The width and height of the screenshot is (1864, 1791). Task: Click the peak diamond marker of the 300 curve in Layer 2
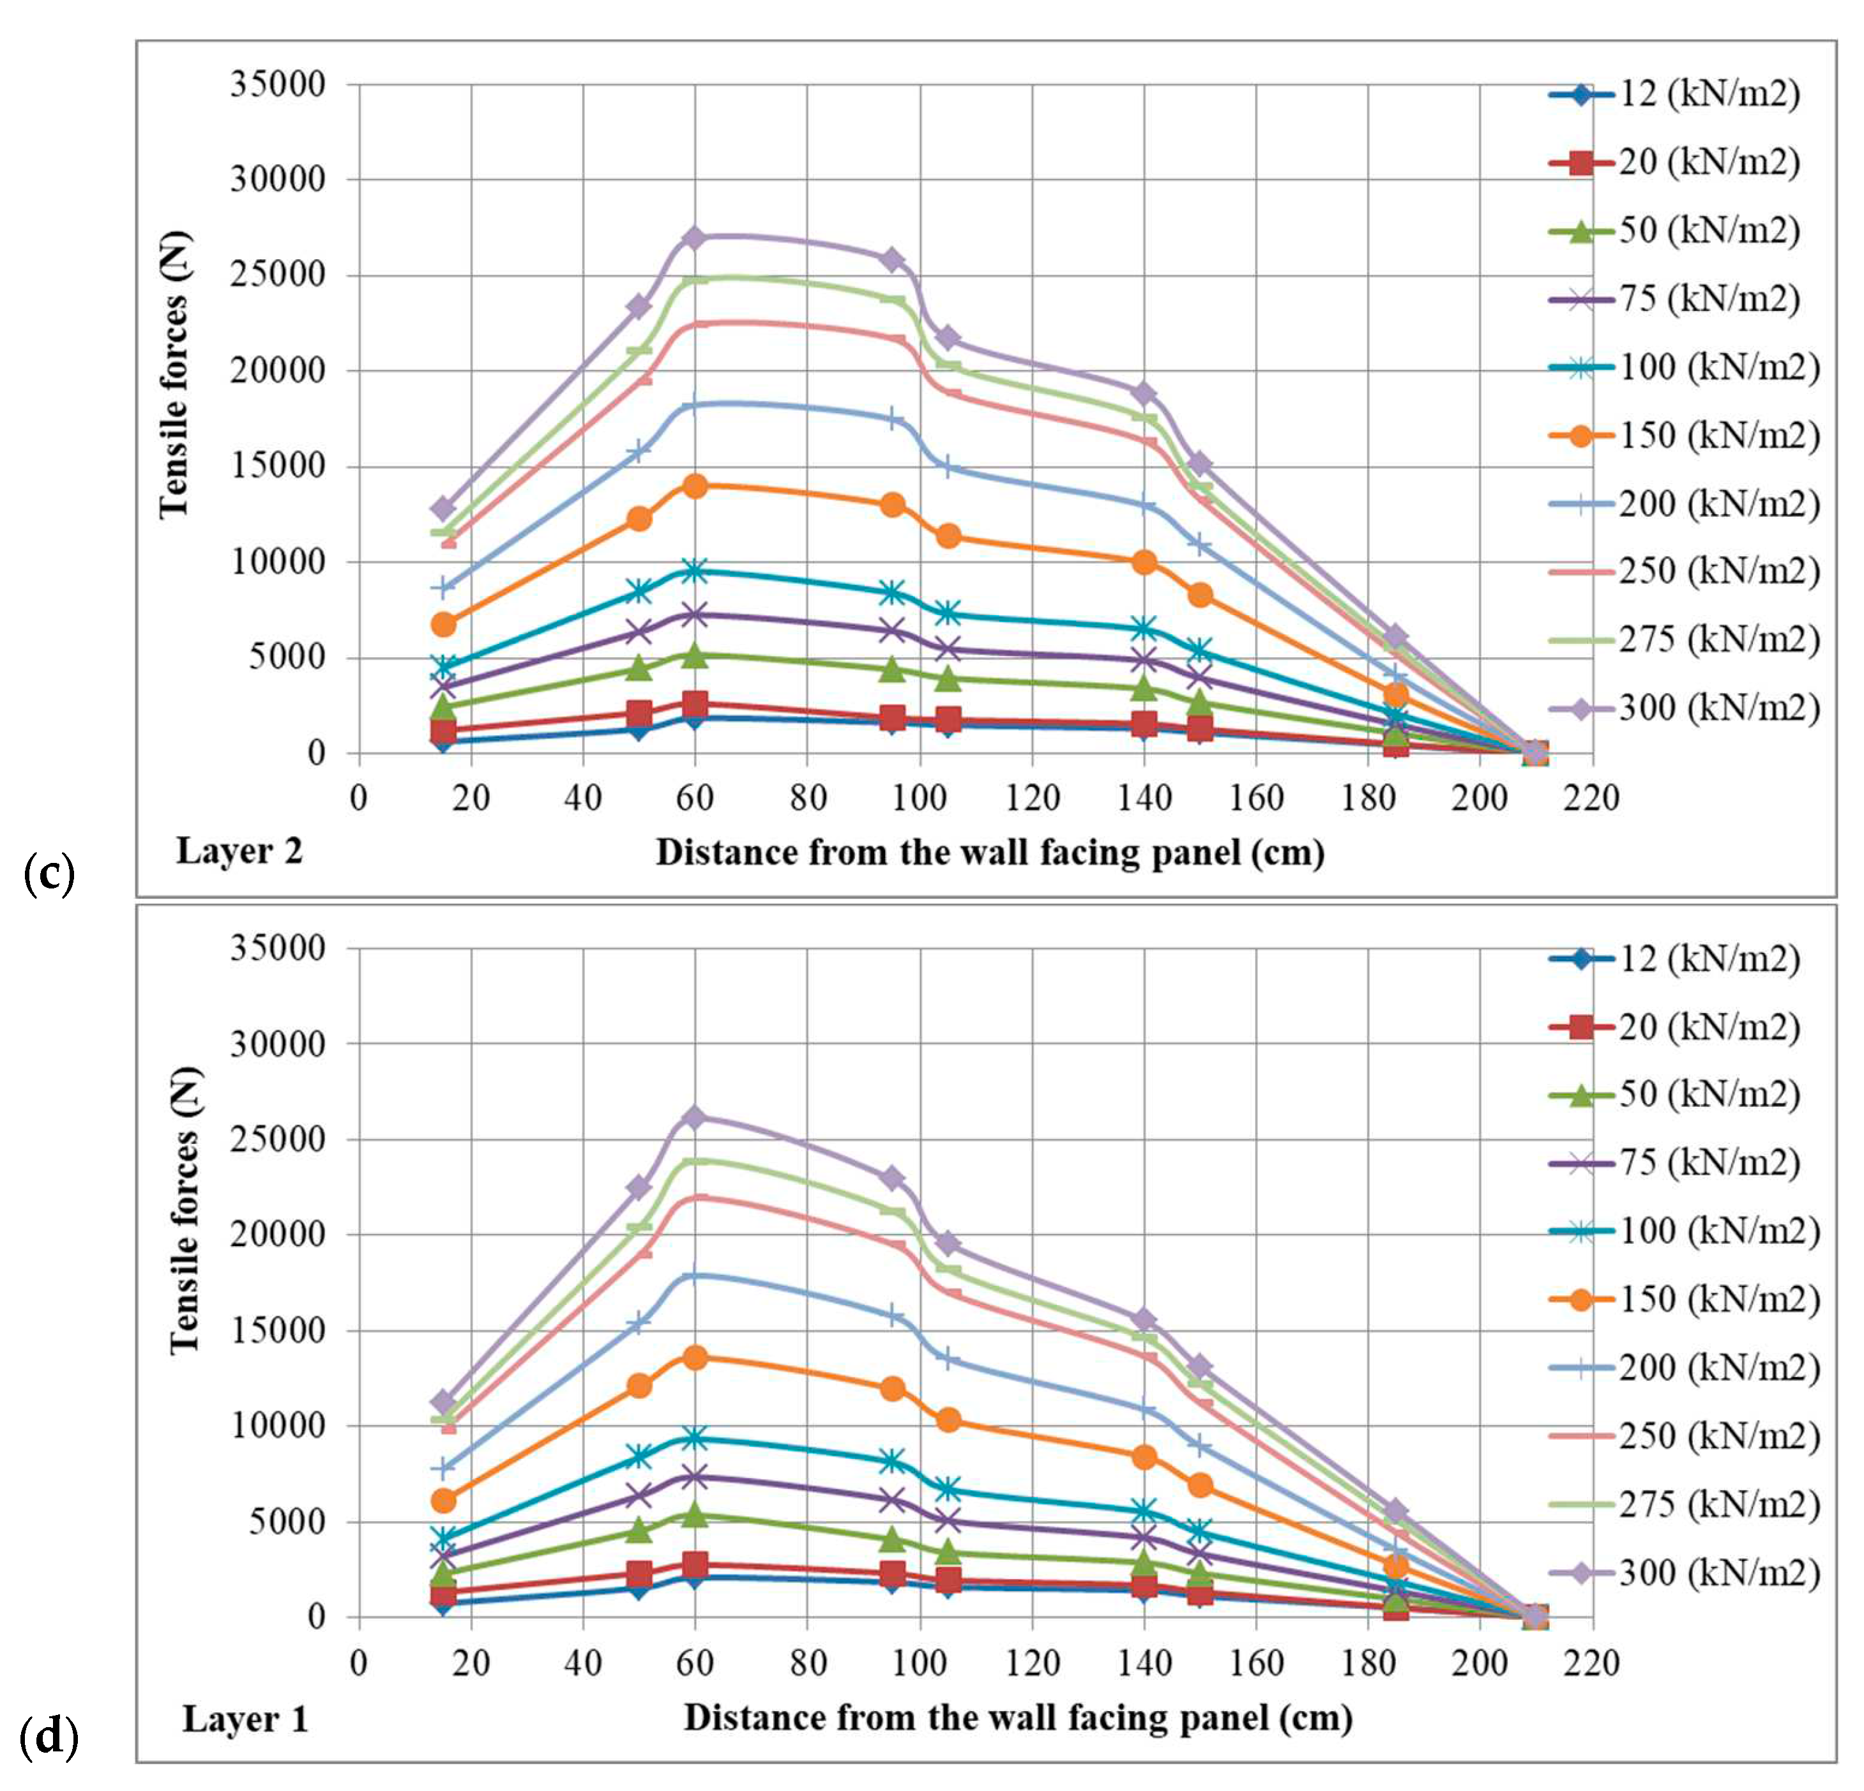point(694,238)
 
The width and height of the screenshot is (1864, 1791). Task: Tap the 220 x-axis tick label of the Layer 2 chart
point(1592,797)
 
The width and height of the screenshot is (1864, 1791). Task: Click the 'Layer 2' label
point(239,850)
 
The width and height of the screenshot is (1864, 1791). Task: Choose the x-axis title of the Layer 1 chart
point(1018,1717)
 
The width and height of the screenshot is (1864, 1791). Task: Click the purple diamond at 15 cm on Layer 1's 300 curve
point(443,1403)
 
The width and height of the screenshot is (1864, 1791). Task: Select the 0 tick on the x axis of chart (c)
point(358,797)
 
